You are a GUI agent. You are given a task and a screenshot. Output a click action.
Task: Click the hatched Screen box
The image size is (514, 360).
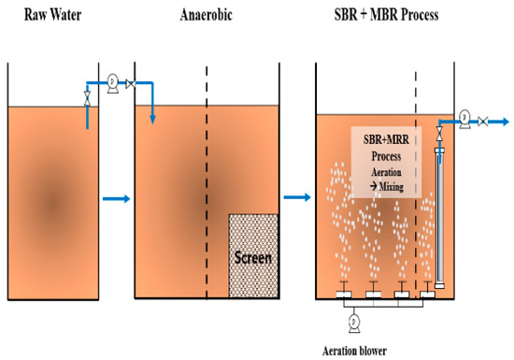click(253, 254)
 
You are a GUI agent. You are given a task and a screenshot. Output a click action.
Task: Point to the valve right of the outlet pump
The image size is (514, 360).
click(481, 121)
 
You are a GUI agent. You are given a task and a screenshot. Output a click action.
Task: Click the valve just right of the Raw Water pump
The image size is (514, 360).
click(130, 84)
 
